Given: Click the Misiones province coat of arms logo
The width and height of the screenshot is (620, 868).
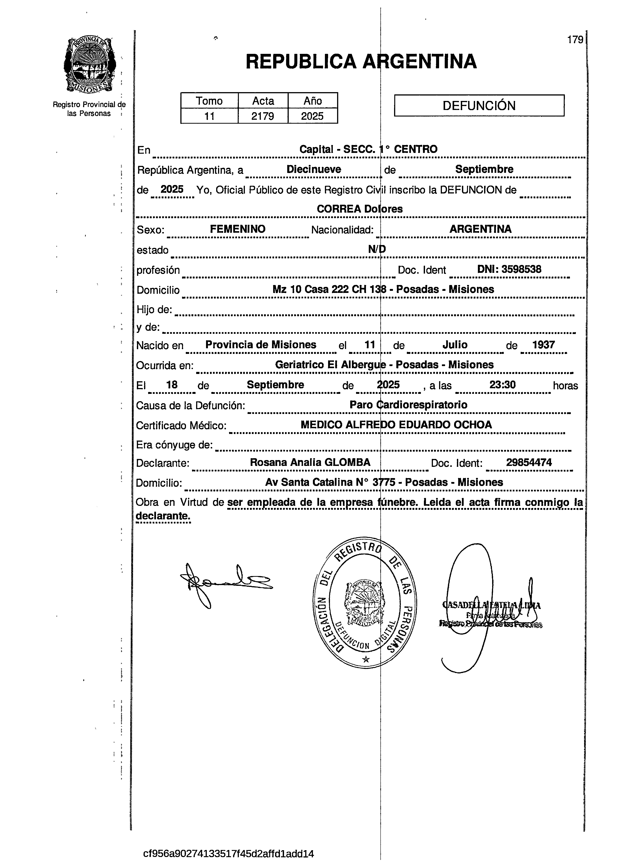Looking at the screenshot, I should (89, 65).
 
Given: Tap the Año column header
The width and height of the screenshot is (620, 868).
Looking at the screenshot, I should (313, 101).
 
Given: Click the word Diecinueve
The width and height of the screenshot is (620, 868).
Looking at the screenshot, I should (314, 169).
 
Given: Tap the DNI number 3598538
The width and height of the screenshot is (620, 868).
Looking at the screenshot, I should (521, 269).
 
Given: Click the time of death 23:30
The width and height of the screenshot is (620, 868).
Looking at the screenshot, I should (502, 385).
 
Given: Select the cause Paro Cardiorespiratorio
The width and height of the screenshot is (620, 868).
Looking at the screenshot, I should (408, 405).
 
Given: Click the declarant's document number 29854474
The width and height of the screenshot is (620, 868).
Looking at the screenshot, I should (529, 462).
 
